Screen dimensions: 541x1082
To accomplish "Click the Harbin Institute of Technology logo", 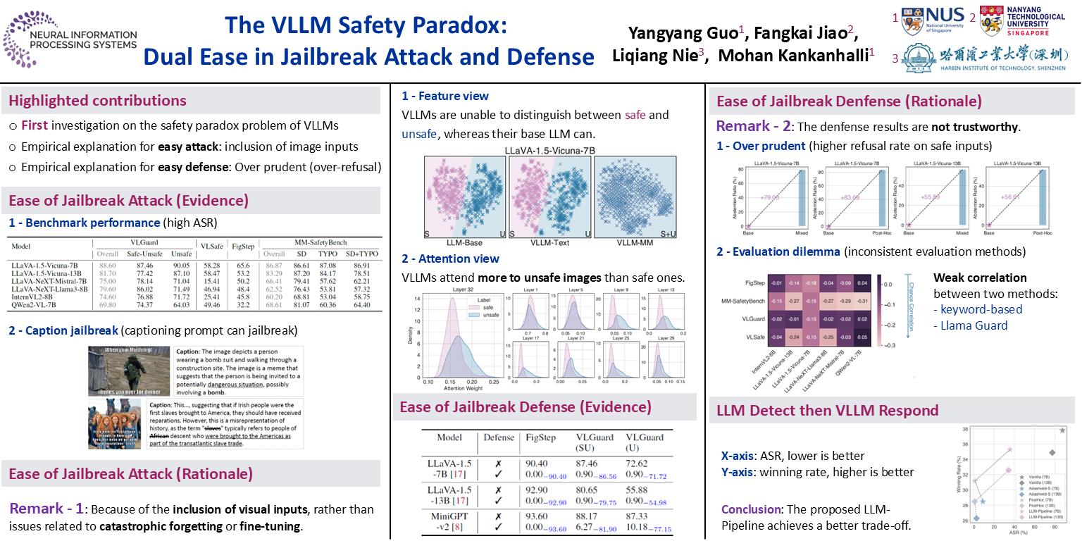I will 983,57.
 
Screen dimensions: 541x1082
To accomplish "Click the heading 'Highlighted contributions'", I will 97,101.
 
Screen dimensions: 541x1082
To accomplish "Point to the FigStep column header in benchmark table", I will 243,246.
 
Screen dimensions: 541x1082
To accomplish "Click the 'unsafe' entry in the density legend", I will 491,316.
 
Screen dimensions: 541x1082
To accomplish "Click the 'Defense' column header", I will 499,437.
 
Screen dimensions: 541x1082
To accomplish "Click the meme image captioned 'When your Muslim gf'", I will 116,372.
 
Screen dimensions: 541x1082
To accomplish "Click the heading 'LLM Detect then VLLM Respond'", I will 828,411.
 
